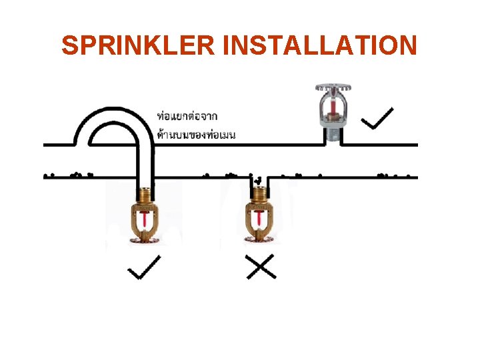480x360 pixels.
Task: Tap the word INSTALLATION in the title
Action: [322, 45]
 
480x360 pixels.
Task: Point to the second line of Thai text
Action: [197, 134]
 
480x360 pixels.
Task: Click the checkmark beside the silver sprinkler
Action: [376, 119]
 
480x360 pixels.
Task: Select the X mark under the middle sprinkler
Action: [261, 268]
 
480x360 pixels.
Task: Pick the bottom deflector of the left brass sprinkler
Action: [145, 239]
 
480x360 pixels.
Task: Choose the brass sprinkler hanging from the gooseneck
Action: [145, 217]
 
